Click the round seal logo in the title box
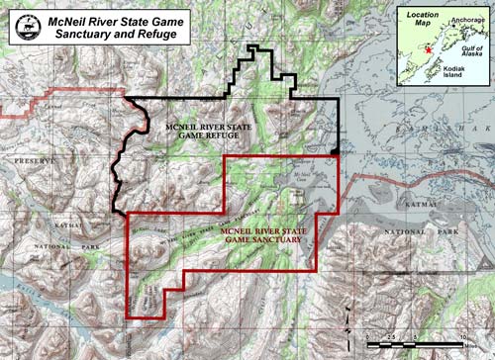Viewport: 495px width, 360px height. [25, 26]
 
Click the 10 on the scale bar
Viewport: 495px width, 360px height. [462, 336]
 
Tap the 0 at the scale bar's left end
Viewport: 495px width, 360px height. [365, 336]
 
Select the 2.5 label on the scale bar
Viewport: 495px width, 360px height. [389, 336]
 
